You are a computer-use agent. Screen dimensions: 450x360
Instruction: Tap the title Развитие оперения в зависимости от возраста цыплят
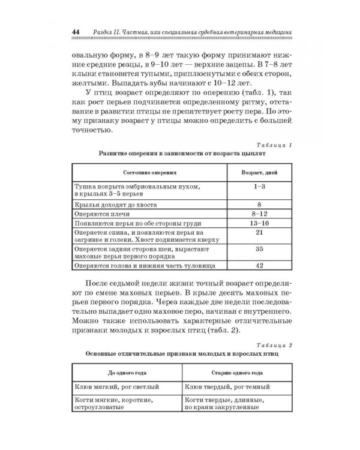point(181,154)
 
